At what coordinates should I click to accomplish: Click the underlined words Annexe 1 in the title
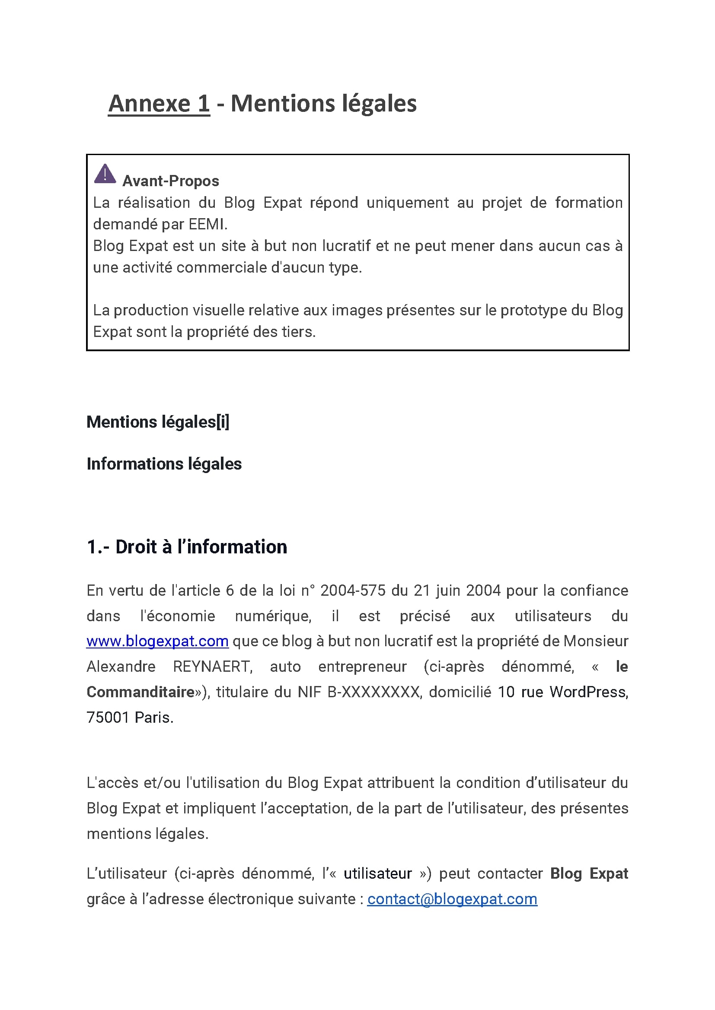(159, 104)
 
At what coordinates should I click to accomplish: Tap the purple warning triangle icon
(105, 174)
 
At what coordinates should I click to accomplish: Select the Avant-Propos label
(170, 181)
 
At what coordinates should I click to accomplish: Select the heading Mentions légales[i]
(158, 422)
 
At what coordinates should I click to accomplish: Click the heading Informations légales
(164, 464)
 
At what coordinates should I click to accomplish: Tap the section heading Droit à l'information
(201, 547)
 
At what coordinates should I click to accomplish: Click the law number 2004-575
(353, 591)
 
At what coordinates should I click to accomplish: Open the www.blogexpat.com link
(157, 642)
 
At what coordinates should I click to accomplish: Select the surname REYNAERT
(212, 667)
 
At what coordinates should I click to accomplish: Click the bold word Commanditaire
(140, 692)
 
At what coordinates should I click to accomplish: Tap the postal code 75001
(108, 718)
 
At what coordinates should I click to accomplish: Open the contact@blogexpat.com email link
(452, 899)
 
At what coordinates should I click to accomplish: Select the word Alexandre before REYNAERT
(121, 667)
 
